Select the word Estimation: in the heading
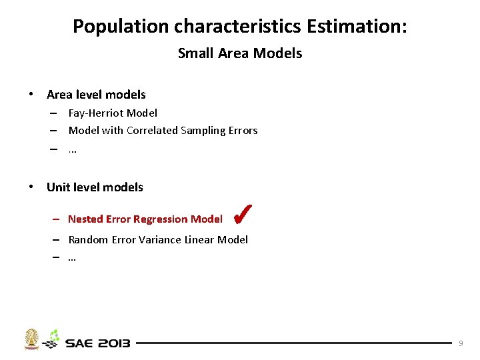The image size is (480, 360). (357, 27)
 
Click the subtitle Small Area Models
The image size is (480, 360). (240, 53)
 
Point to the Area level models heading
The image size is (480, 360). (96, 95)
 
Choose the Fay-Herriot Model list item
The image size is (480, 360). (113, 113)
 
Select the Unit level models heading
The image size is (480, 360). (95, 187)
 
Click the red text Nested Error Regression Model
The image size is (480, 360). (145, 219)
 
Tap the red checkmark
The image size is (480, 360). (242, 214)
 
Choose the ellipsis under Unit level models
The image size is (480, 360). (72, 257)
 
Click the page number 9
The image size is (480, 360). (461, 343)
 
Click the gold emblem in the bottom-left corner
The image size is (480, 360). (31, 339)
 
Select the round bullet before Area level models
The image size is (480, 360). (31, 95)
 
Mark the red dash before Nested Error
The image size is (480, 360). (57, 219)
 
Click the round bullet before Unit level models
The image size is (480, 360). (31, 187)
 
